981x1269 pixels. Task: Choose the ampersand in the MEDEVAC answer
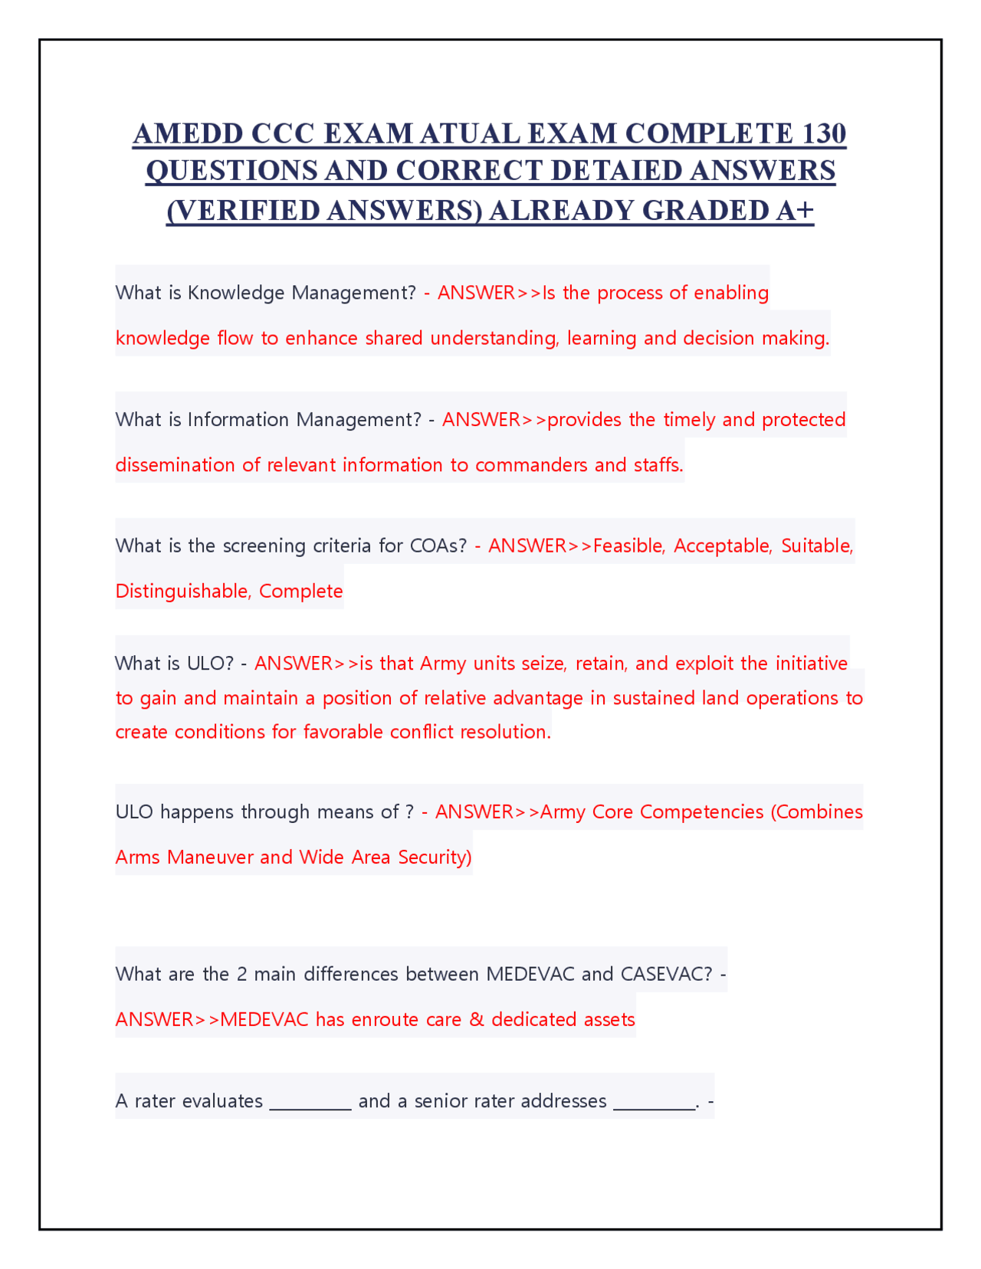point(477,1020)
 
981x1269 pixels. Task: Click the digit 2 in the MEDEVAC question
point(242,974)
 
